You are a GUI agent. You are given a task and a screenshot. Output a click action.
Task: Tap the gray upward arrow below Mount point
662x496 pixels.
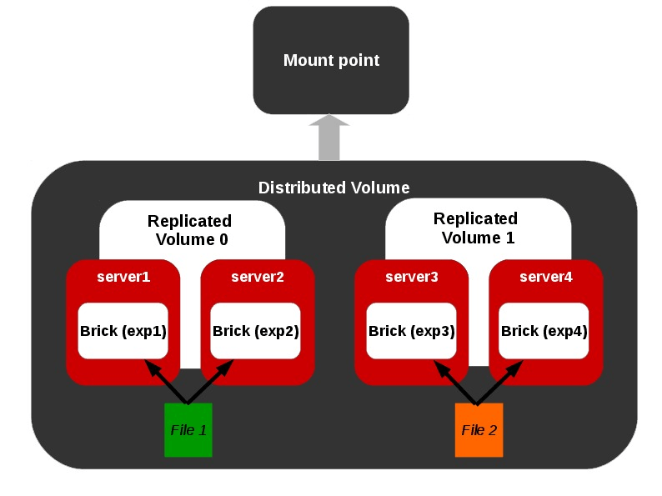[329, 138]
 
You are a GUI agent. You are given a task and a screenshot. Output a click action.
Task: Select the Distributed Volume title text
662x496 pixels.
[334, 188]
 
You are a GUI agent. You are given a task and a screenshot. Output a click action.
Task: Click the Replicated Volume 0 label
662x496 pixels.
[190, 231]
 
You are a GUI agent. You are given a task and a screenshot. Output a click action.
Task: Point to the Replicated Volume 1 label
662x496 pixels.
[477, 228]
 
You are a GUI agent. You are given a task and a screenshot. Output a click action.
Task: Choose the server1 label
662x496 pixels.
[123, 277]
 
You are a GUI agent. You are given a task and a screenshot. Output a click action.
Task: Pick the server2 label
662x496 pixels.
[257, 277]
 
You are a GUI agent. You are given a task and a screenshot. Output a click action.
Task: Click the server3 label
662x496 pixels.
[411, 277]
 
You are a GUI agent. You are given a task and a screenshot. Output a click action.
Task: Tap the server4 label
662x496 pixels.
[545, 277]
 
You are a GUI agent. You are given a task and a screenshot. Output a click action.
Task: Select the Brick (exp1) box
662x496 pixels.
[123, 331]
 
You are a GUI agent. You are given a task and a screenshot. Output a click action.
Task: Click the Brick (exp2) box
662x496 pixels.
[256, 331]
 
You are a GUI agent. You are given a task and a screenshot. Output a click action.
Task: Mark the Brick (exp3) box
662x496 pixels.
[411, 331]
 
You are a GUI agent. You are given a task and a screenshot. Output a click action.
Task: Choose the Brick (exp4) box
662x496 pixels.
[544, 331]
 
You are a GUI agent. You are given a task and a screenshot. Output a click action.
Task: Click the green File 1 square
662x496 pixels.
[188, 430]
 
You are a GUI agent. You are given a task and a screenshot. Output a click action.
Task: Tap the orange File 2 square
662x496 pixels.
[479, 430]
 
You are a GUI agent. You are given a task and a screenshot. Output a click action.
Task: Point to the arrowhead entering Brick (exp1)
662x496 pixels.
[152, 366]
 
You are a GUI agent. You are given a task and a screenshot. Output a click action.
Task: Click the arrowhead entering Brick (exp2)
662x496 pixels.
[227, 366]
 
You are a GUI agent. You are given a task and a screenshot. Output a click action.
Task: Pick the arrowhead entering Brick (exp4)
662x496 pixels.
[516, 366]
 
